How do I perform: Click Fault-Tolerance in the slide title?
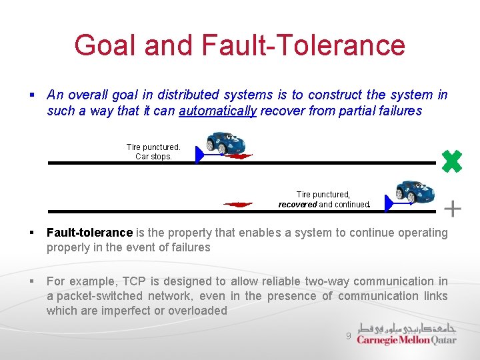301,45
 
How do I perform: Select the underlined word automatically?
217,111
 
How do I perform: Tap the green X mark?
452,161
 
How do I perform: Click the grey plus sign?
453,209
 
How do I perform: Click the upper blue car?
225,143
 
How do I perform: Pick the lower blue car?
415,191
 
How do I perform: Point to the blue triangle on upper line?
199,155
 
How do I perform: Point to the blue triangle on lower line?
390,203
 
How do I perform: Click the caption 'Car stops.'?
153,157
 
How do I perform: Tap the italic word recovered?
297,205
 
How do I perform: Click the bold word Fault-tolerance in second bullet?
89,233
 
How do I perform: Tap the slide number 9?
348,337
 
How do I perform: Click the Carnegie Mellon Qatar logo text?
406,339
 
